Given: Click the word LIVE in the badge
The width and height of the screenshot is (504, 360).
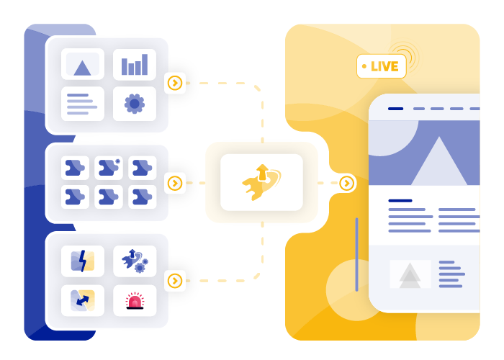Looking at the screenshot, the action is [x=384, y=66].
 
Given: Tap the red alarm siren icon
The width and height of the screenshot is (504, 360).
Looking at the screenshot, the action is [x=135, y=301].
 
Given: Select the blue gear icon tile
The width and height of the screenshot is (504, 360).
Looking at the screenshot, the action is [x=135, y=104].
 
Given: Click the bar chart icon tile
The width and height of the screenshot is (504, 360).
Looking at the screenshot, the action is [x=135, y=64].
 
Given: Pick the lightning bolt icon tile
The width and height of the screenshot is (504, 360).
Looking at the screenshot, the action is [x=83, y=261].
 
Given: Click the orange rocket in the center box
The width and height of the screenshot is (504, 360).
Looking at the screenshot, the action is [x=261, y=182].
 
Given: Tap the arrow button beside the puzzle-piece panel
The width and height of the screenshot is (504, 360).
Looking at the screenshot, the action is [x=175, y=183].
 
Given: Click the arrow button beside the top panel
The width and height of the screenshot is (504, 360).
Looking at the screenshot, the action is [x=175, y=84].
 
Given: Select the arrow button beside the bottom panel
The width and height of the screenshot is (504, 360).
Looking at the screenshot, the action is [x=175, y=281].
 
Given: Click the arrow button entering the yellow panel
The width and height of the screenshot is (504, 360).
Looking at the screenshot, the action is [x=346, y=183].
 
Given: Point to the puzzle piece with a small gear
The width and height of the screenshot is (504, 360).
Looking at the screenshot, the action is [x=109, y=168].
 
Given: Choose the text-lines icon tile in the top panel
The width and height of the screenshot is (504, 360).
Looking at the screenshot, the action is [x=83, y=104].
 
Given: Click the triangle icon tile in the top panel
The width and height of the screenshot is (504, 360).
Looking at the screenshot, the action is [x=83, y=64].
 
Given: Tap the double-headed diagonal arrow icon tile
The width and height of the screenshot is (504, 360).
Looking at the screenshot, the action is [x=83, y=300].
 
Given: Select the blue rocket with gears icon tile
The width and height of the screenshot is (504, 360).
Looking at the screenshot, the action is [x=135, y=261].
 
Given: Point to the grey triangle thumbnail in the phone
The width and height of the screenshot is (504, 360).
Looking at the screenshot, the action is [x=410, y=274].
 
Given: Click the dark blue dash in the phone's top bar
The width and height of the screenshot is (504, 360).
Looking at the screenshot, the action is [x=396, y=109].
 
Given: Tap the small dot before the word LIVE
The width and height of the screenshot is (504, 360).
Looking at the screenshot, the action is [x=364, y=66].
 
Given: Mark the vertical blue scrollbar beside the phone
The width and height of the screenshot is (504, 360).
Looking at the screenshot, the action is [x=357, y=255].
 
